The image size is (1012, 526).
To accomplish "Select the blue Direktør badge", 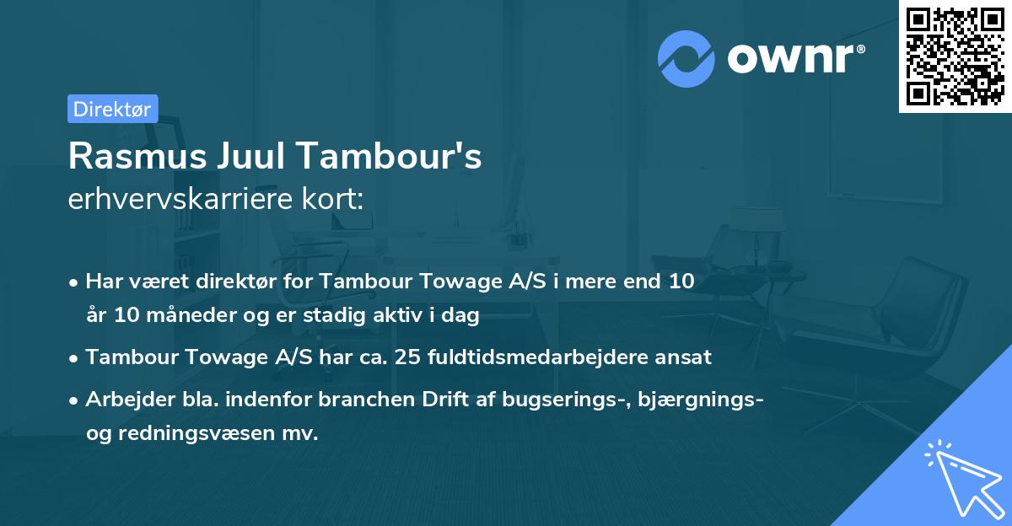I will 112,109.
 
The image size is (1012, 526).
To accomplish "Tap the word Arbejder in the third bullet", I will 122,399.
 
